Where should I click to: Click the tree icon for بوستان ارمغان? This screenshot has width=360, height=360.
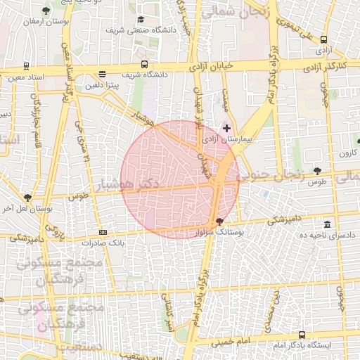click(x=46, y=11)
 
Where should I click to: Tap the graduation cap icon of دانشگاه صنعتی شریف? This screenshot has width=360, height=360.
click(x=141, y=20)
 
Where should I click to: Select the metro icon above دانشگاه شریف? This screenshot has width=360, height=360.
click(x=144, y=64)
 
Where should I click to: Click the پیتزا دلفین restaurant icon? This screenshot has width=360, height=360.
click(x=103, y=74)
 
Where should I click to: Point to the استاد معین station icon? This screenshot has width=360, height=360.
click(x=26, y=66)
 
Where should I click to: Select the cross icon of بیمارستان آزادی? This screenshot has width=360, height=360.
click(x=226, y=128)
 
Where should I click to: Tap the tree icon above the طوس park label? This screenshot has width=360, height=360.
click(x=318, y=171)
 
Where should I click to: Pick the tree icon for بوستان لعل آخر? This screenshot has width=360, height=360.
click(x=27, y=198)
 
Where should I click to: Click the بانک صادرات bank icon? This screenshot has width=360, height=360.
click(x=103, y=232)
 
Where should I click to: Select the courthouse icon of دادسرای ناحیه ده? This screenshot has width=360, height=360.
click(x=327, y=224)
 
